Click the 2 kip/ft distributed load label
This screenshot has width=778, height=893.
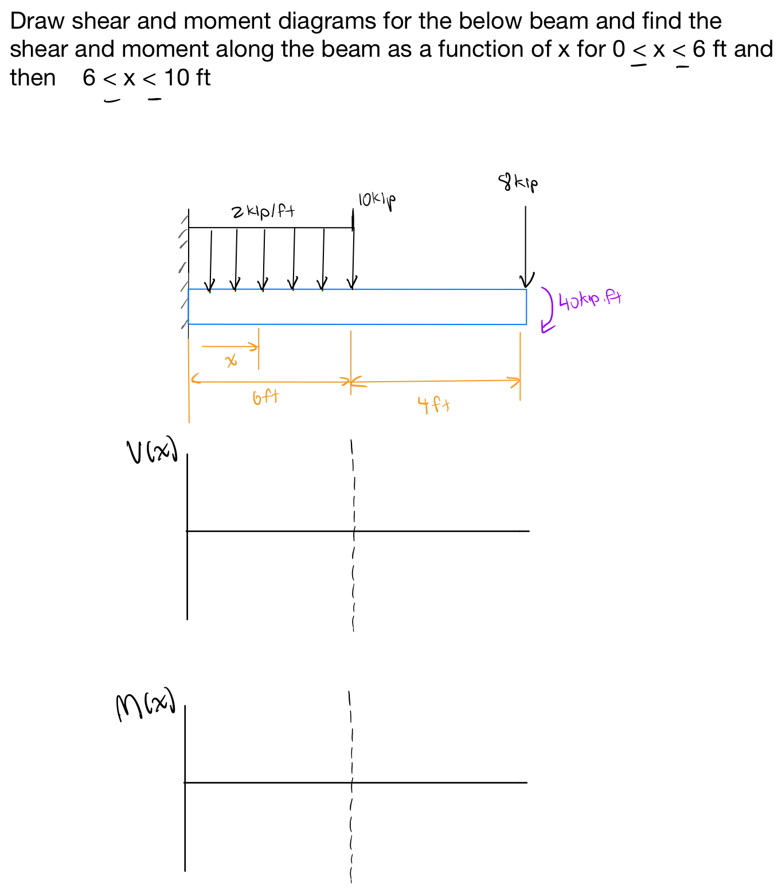coord(263,212)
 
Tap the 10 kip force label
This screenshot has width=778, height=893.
coord(377,200)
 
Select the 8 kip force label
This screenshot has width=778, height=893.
coord(518,183)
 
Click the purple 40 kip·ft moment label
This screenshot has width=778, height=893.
coord(590,300)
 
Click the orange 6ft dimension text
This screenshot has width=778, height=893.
coord(266,397)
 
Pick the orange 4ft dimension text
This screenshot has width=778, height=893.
coord(433,406)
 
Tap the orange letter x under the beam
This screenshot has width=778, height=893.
coord(231,361)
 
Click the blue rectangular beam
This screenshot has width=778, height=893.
coord(357,307)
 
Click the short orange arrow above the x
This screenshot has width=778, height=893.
coord(229,346)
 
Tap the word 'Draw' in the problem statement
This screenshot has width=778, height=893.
coord(37,22)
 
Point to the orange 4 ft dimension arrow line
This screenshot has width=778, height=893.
coord(436,381)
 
